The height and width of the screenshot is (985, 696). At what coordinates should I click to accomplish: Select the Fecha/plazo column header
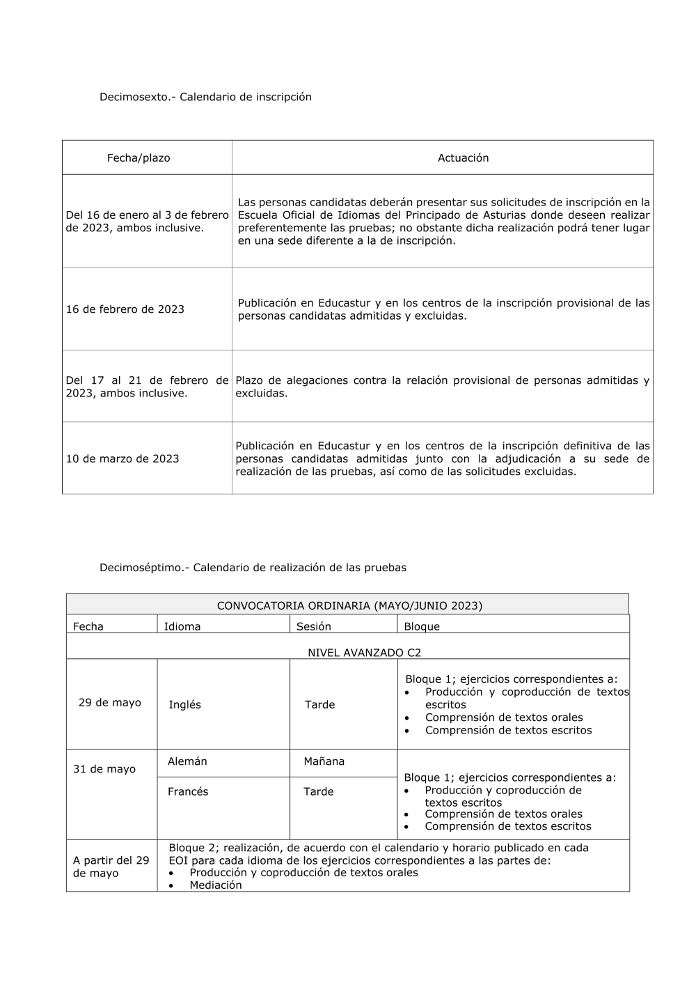click(139, 158)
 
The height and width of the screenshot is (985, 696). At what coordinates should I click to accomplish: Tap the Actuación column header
click(463, 158)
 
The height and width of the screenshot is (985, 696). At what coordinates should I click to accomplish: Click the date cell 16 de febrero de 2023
click(125, 309)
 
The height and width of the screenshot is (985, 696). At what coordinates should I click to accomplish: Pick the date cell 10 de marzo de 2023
click(122, 459)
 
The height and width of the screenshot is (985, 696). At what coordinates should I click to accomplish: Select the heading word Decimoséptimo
click(144, 568)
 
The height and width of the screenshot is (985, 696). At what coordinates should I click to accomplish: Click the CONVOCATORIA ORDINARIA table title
click(349, 605)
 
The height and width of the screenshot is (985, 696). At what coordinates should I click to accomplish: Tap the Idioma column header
click(182, 626)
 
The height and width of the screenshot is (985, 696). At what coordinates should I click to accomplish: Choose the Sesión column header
click(314, 626)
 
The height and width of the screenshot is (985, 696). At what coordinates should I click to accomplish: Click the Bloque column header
click(422, 626)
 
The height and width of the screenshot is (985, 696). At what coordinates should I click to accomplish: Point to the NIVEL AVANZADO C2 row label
click(364, 653)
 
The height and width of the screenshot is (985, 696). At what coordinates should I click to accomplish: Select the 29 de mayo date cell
click(110, 702)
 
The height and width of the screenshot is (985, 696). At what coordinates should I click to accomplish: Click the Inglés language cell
click(184, 705)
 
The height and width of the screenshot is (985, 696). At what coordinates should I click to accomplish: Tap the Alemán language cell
click(187, 761)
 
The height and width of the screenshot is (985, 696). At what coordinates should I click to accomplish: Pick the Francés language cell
click(188, 791)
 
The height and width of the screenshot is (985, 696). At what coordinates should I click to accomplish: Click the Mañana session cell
click(324, 761)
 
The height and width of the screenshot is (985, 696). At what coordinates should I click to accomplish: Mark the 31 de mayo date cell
click(104, 769)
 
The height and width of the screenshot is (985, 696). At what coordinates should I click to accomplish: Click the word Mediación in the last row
click(216, 885)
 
